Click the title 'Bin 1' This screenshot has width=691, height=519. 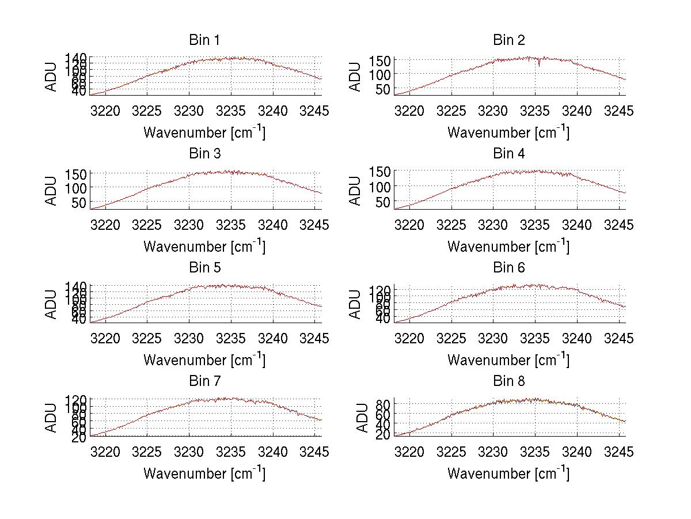[x=204, y=40]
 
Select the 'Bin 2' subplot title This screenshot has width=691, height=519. [x=509, y=40]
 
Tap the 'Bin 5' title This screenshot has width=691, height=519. [x=204, y=268]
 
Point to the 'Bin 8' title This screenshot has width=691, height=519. [x=509, y=381]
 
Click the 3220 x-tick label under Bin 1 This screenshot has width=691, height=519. [x=106, y=111]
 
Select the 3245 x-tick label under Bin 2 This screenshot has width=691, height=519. [x=619, y=111]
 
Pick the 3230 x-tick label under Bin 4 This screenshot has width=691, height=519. [x=493, y=225]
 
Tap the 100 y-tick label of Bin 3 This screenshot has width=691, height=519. [x=76, y=188]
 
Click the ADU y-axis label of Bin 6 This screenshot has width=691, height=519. [x=356, y=304]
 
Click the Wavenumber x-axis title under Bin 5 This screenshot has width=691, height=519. [x=204, y=360]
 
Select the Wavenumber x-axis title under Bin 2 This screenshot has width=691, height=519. [x=509, y=132]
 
